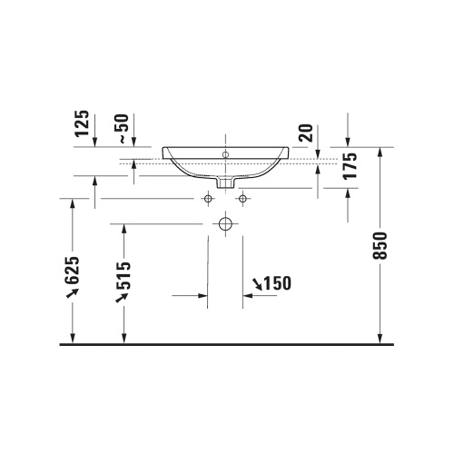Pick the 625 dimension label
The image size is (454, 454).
[x=74, y=276]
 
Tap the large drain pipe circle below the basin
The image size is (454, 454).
[x=225, y=222]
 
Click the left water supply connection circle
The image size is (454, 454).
[x=208, y=198]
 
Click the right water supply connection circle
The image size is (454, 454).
[x=242, y=198]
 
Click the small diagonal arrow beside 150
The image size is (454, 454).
[x=257, y=286]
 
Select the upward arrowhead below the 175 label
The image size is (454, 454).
[x=350, y=192]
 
